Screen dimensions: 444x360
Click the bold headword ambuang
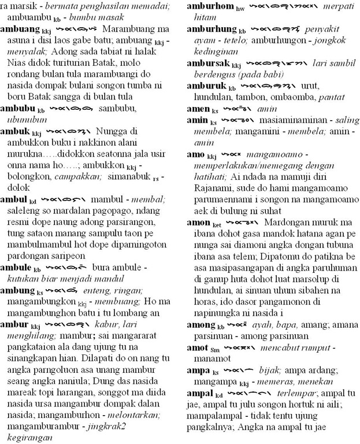pos(20,28)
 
